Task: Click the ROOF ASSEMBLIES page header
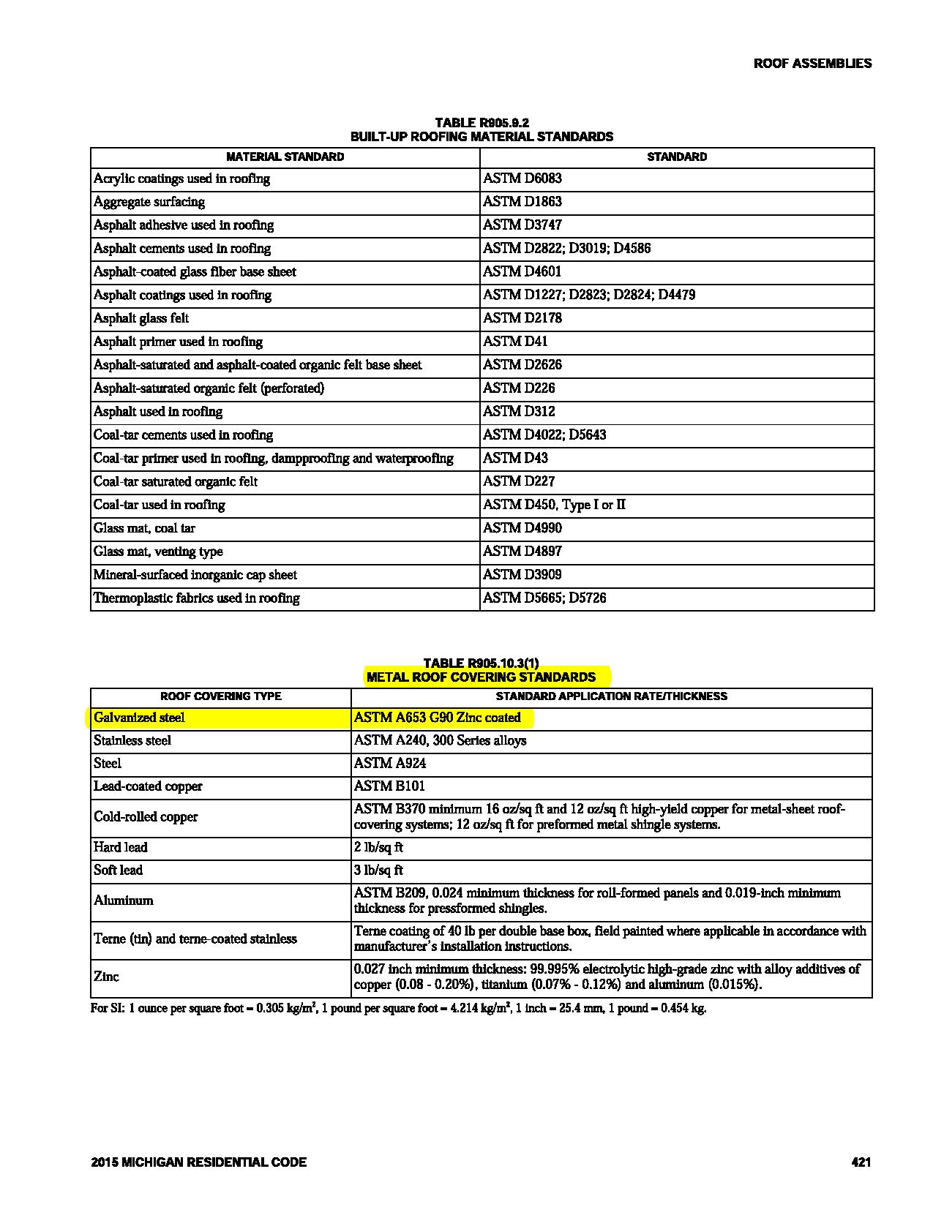812,64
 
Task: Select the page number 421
861,1162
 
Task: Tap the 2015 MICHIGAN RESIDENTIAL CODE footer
199,1162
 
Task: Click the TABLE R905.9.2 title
482,123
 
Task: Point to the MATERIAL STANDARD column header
285,157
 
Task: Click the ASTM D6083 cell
522,178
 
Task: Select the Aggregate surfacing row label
149,202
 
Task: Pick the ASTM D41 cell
515,342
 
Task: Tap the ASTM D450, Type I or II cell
554,505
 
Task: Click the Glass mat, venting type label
158,552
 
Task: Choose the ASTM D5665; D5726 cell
544,598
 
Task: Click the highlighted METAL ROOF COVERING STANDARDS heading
481,677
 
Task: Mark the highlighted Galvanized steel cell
140,718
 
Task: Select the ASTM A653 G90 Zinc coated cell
437,718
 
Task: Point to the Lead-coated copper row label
148,786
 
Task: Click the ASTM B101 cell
389,786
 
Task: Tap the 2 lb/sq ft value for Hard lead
378,848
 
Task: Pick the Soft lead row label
119,871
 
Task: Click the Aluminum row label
124,900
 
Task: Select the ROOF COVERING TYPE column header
220,696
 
